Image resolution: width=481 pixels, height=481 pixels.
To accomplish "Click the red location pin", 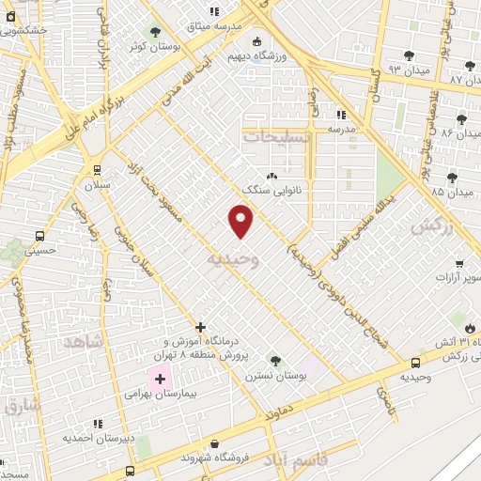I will tap(241, 221).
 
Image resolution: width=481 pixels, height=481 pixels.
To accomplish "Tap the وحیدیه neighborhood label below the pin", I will tap(232, 257).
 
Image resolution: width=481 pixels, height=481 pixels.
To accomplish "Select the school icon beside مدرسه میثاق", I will tap(214, 11).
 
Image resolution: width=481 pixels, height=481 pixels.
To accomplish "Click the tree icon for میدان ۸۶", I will tap(461, 119).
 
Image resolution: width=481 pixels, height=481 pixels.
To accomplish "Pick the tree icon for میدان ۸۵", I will tap(452, 177).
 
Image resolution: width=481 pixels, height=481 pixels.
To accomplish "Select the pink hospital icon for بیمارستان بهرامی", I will tap(159, 380).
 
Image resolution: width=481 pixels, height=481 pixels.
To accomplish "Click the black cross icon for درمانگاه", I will tap(200, 327).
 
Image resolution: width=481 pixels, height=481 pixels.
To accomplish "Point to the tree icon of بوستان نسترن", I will tap(275, 361).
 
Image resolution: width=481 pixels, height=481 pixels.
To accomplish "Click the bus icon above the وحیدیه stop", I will tap(415, 363).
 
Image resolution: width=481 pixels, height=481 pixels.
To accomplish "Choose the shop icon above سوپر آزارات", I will tap(458, 264).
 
